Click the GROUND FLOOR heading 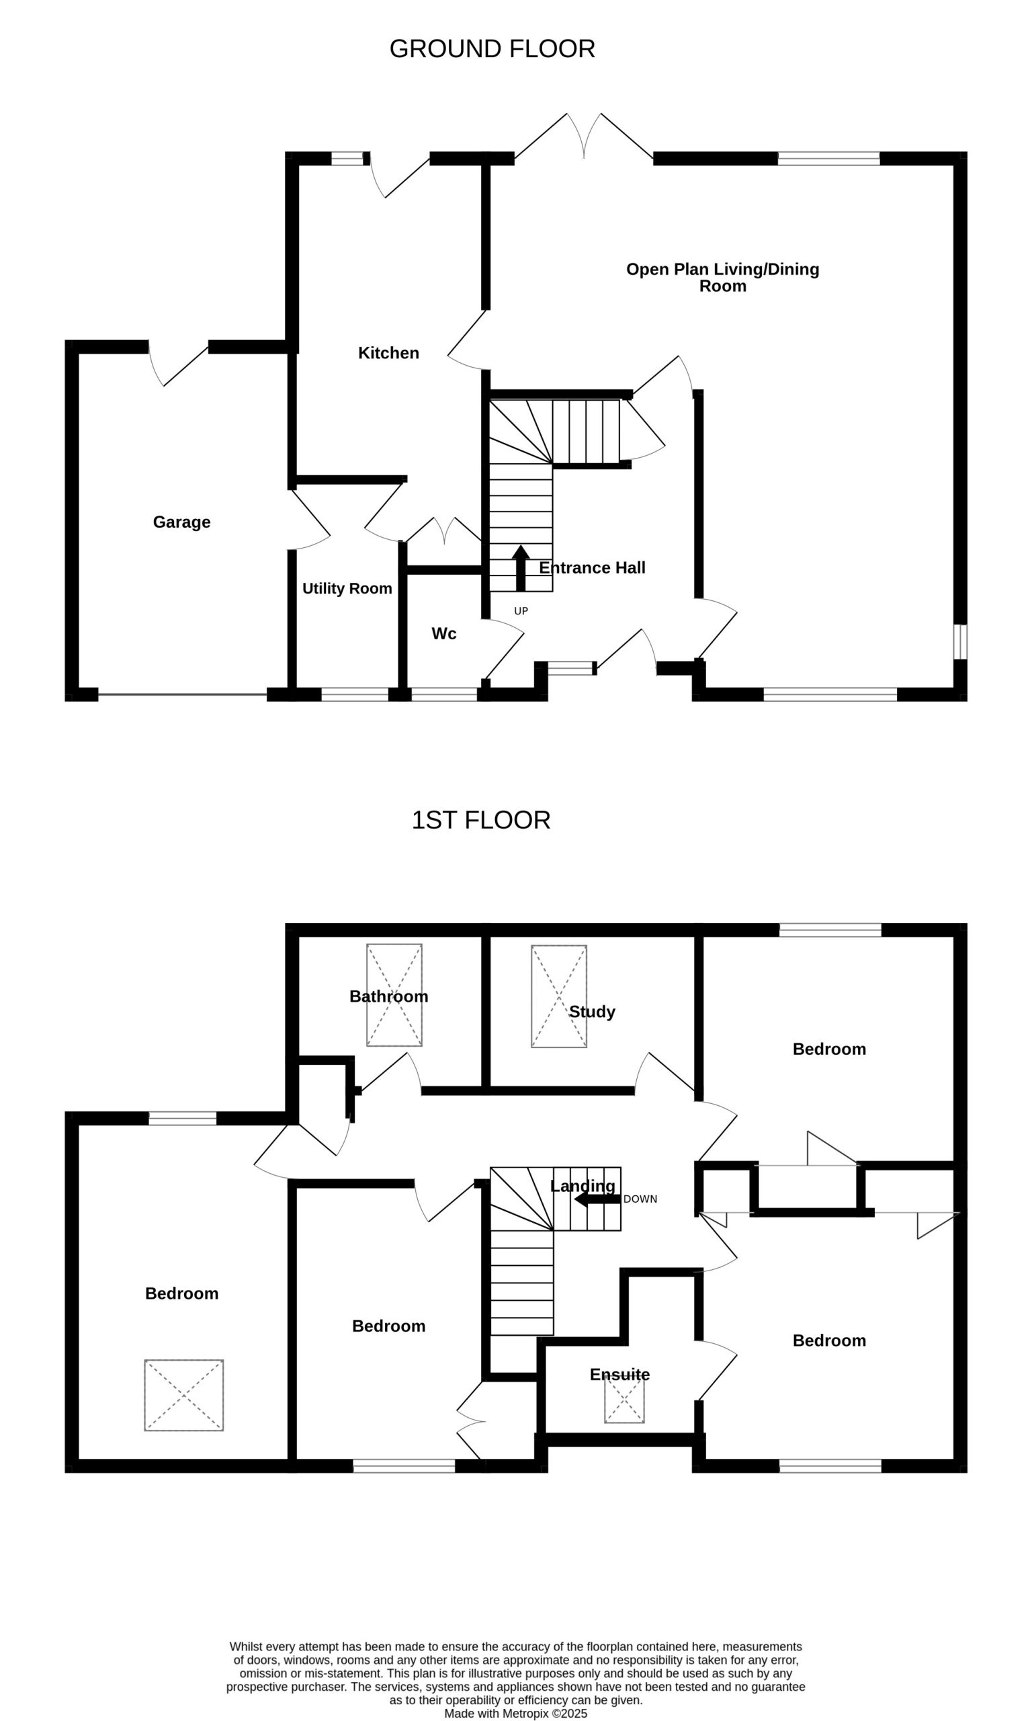pyautogui.click(x=492, y=48)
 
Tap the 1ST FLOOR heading pyautogui.click(x=480, y=820)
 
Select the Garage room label pyautogui.click(x=181, y=522)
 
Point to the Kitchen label pyautogui.click(x=389, y=354)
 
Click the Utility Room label pyautogui.click(x=347, y=588)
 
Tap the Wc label pyautogui.click(x=443, y=634)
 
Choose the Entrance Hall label pyautogui.click(x=593, y=567)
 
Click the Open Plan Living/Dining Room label pyautogui.click(x=722, y=278)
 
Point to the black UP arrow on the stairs pyautogui.click(x=520, y=568)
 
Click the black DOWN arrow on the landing pyautogui.click(x=597, y=1199)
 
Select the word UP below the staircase pyautogui.click(x=521, y=612)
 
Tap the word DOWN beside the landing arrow pyautogui.click(x=640, y=1199)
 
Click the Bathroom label pyautogui.click(x=389, y=996)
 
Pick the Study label pyautogui.click(x=592, y=1012)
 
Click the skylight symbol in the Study pyautogui.click(x=559, y=996)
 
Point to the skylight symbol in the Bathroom pyautogui.click(x=394, y=995)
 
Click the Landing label pyautogui.click(x=583, y=1186)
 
